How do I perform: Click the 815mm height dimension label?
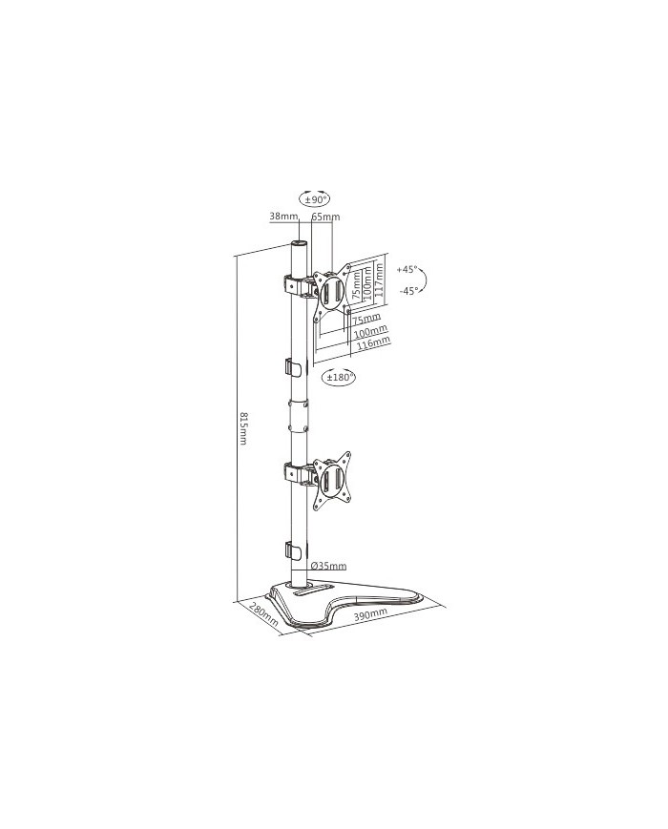coord(243,428)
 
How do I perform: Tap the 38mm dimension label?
coord(282,218)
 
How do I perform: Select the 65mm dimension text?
coord(325,218)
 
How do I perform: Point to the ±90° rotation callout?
coord(315,199)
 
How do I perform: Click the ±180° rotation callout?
coord(340,378)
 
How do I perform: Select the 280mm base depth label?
coord(262,614)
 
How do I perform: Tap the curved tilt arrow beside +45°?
coord(428,279)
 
